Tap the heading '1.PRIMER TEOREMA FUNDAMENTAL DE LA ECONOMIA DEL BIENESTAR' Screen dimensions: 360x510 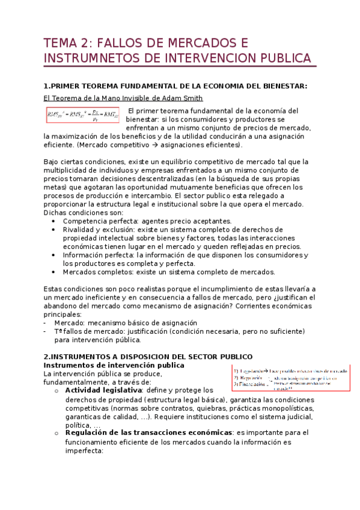coord(175,85)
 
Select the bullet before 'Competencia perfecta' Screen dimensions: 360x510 coord(55,221)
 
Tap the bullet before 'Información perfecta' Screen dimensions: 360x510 coord(55,255)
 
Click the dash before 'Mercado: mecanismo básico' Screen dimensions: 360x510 coord(45,323)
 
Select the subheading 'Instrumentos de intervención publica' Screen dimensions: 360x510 coord(114,365)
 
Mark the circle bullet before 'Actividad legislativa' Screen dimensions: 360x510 coord(56,390)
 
